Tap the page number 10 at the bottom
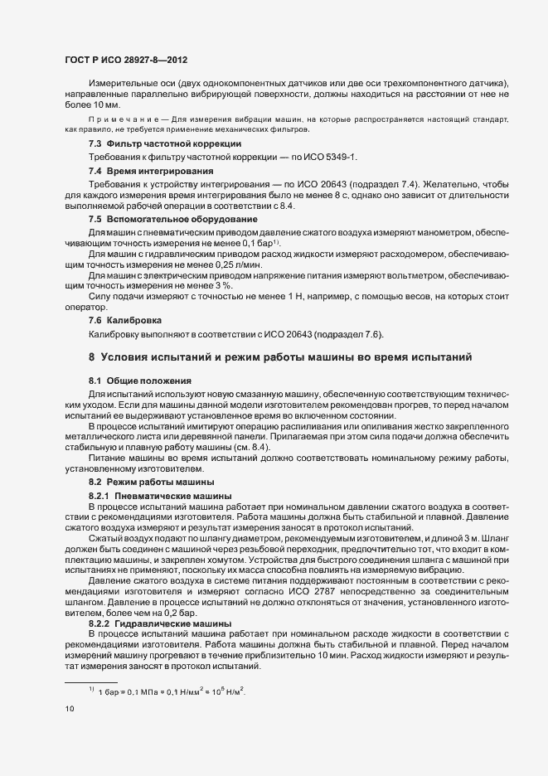coord(69,709)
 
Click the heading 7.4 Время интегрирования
coord(133,170)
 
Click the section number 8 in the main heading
coord(91,357)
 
